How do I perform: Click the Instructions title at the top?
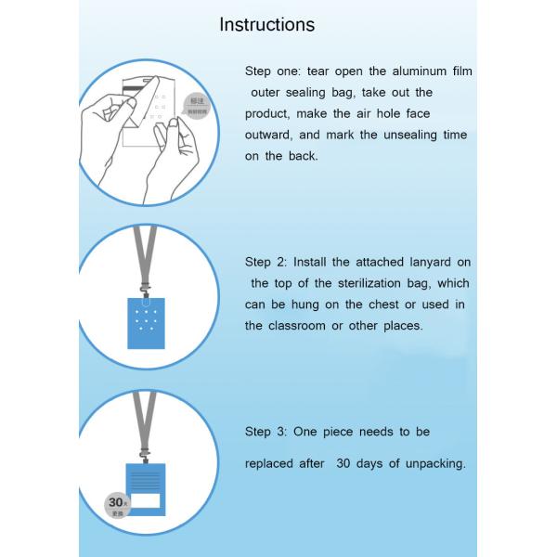[x=266, y=25]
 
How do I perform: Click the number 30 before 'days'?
[x=344, y=463]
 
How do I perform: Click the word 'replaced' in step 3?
[x=271, y=463]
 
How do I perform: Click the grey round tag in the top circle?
[x=198, y=105]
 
